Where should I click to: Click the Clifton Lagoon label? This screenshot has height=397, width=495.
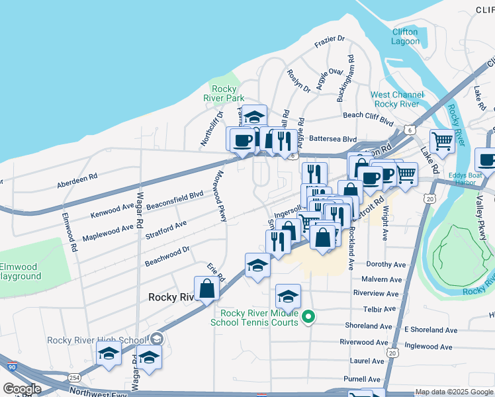pos(405,36)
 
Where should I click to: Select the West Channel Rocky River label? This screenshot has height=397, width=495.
pos(396,99)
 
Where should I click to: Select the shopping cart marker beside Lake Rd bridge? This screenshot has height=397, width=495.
pos(442,140)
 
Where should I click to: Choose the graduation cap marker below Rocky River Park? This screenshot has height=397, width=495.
pos(254,116)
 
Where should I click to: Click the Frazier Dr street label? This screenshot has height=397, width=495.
pos(331,40)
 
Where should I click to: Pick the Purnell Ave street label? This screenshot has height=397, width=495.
pos(366,379)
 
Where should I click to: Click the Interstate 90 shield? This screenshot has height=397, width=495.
pos(12,366)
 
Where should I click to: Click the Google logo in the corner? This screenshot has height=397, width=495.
pos(22,389)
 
